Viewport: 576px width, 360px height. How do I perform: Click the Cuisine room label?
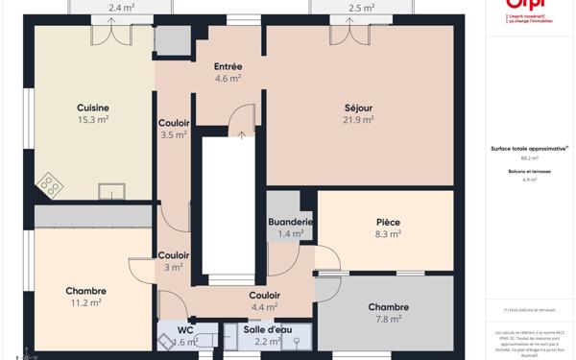[x=93, y=108]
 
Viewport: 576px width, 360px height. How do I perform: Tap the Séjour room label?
[x=358, y=108]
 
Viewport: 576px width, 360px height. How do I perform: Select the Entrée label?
[x=228, y=66]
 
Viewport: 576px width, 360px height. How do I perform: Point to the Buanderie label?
[x=290, y=222]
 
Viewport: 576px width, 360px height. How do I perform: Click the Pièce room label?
[x=388, y=222]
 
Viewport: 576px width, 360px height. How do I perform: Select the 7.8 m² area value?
[x=388, y=320]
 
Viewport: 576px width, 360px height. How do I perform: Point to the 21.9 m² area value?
[x=358, y=120]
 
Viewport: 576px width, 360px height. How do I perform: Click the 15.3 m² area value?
[x=93, y=120]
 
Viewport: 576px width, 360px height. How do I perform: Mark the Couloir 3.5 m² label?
[x=174, y=123]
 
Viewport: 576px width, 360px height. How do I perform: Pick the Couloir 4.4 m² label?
[x=264, y=296]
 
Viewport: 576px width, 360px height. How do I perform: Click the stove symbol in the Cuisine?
[x=49, y=183]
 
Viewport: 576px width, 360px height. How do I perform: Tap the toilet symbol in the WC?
[x=165, y=341]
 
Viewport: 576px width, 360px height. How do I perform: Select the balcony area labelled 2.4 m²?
[x=121, y=8]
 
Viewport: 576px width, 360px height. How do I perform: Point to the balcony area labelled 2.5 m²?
[x=361, y=8]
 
